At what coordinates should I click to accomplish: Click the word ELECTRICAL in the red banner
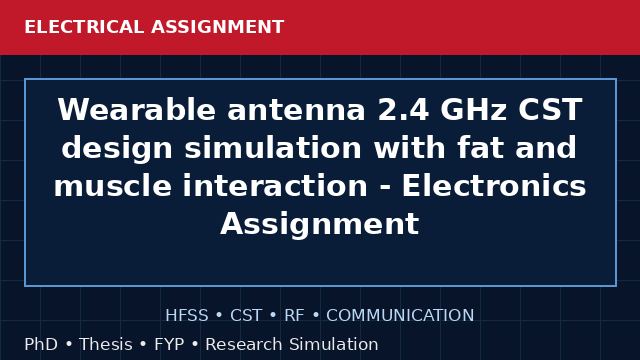(x=84, y=27)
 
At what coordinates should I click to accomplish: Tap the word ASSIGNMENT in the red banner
(x=218, y=27)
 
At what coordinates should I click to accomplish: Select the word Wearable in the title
(x=137, y=110)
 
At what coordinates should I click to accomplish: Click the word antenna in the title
(x=296, y=111)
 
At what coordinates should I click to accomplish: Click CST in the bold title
(x=550, y=110)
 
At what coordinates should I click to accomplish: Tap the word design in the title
(x=117, y=148)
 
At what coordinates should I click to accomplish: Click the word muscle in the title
(x=113, y=186)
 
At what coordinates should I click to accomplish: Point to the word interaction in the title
(x=275, y=186)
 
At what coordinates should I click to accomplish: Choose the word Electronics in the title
(x=494, y=186)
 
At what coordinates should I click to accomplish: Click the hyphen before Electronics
(x=385, y=189)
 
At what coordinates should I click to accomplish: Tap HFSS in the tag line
(x=187, y=316)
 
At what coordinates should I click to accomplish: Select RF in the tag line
(x=294, y=316)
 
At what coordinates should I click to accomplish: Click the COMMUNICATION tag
(x=400, y=316)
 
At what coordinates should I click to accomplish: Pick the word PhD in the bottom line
(x=41, y=344)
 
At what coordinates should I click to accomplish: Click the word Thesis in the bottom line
(x=106, y=344)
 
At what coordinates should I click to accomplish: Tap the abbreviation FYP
(x=169, y=344)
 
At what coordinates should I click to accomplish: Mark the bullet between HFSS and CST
(x=219, y=316)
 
